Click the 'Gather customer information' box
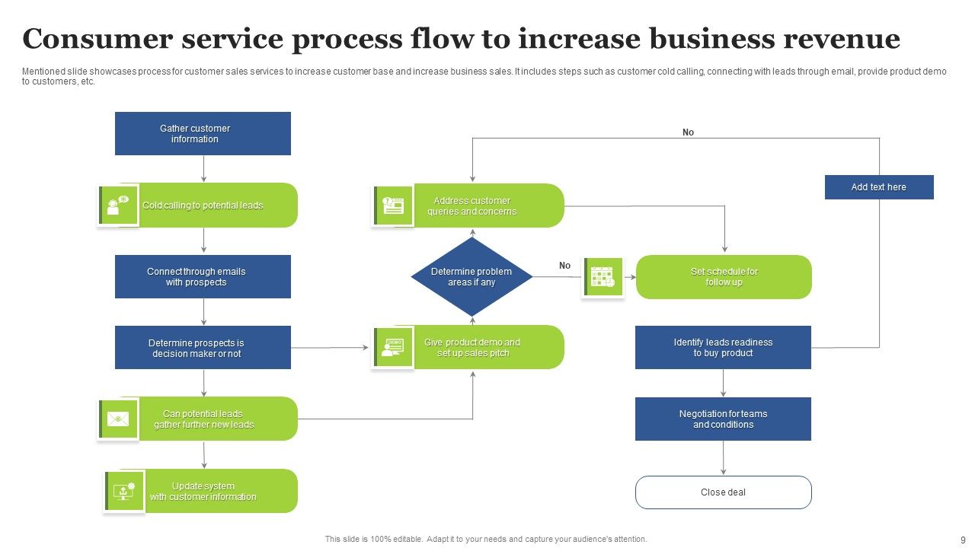[203, 134]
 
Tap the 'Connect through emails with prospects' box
[203, 276]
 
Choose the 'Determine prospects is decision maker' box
[203, 348]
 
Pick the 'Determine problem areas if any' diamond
[472, 277]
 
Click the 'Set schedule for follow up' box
[724, 277]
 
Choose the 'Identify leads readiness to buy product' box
[723, 348]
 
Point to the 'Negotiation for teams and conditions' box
[723, 419]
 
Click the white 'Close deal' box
[723, 492]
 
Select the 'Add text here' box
[879, 187]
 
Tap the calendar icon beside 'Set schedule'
[603, 277]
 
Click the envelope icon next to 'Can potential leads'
[118, 419]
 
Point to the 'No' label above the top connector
[688, 132]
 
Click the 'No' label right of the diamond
[564, 266]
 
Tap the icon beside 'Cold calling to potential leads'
[118, 205]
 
